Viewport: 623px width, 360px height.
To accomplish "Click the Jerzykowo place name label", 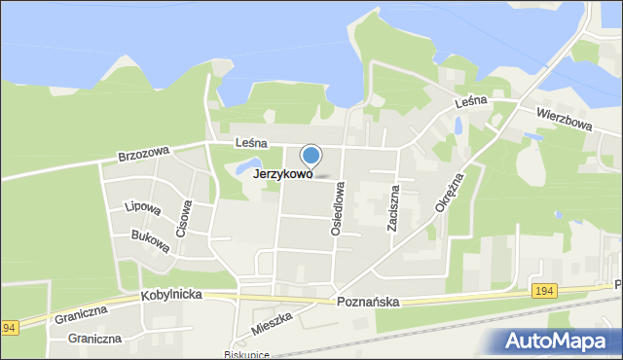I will pyautogui.click(x=282, y=175).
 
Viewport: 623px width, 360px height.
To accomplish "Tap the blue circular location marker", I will pyautogui.click(x=311, y=155).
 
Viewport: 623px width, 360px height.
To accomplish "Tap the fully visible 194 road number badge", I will pyautogui.click(x=545, y=289).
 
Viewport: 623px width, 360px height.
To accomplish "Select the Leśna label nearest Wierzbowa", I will pyautogui.click(x=469, y=100).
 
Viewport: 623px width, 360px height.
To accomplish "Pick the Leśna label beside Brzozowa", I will pyautogui.click(x=251, y=142).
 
